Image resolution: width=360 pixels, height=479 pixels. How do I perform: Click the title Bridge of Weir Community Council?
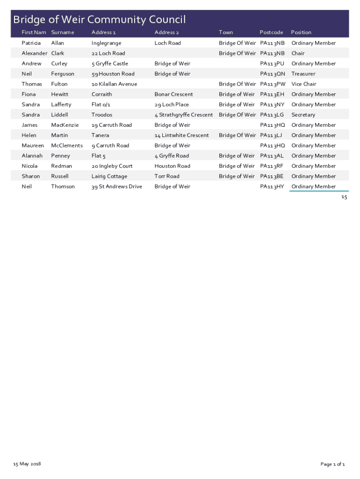click(x=99, y=20)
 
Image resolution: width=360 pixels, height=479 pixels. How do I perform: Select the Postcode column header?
click(x=271, y=32)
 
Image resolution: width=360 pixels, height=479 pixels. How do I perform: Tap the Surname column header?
click(x=63, y=32)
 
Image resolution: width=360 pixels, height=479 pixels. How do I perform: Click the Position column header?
click(x=301, y=32)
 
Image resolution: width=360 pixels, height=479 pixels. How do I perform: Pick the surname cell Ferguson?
click(x=63, y=74)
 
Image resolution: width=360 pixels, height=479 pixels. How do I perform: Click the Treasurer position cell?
click(x=303, y=74)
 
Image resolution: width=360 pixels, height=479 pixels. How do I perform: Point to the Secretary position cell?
click(x=303, y=115)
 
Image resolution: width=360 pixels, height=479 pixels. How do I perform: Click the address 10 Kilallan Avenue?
click(x=114, y=84)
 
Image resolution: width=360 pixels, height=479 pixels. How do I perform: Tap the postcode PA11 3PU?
click(x=272, y=64)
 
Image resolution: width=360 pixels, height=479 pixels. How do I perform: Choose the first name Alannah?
click(x=32, y=156)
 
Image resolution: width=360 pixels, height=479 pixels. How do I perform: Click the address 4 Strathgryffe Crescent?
click(x=183, y=115)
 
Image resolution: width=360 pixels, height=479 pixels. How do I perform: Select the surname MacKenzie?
click(x=65, y=125)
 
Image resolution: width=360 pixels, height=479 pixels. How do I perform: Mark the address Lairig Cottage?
click(x=109, y=176)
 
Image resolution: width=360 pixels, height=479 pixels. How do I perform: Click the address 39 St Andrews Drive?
click(x=117, y=187)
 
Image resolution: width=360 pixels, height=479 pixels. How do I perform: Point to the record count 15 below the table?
click(x=344, y=197)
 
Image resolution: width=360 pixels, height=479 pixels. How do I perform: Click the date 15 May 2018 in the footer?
click(x=27, y=464)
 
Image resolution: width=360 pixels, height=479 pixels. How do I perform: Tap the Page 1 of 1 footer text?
click(x=332, y=464)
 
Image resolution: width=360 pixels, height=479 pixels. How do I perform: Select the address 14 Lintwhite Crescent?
click(x=181, y=135)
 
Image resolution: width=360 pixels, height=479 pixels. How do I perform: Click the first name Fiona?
click(x=29, y=94)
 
